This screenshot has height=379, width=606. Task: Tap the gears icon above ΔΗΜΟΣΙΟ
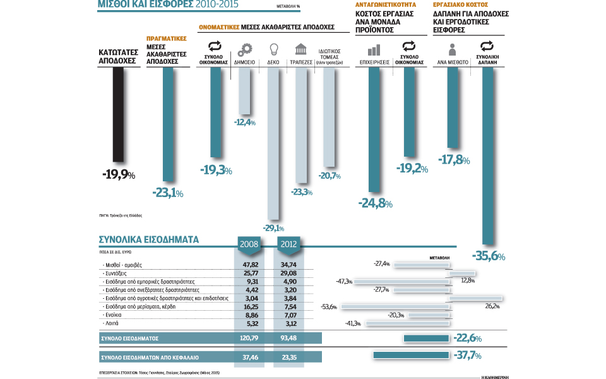pyautogui.click(x=245, y=49)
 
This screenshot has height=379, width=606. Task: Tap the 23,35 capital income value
pyautogui.click(x=288, y=356)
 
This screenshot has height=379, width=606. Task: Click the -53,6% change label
pyautogui.click(x=329, y=307)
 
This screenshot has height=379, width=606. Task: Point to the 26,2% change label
pyautogui.click(x=492, y=306)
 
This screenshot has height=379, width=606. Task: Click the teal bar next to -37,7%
pyautogui.click(x=412, y=356)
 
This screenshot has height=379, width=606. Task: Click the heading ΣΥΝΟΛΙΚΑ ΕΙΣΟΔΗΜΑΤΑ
pyautogui.click(x=149, y=240)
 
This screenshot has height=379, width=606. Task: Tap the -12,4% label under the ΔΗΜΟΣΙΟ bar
pyautogui.click(x=245, y=122)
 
